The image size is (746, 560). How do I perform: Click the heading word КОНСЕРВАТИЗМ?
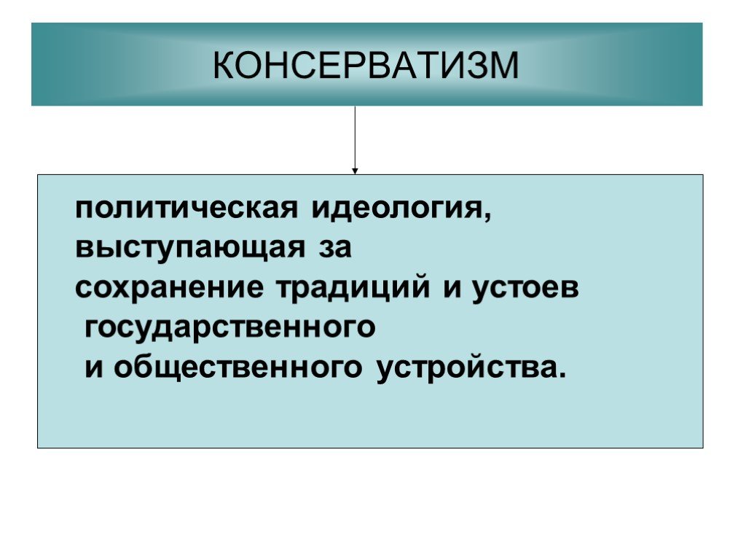click(366, 65)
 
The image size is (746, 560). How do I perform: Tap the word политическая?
click(186, 209)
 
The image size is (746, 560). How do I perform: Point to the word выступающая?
click(190, 248)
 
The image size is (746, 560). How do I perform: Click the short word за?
click(335, 248)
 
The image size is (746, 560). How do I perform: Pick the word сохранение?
click(169, 288)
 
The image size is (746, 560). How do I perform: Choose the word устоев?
click(525, 289)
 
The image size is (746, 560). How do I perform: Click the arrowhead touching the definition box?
click(355, 171)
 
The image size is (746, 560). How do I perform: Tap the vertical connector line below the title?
click(355, 137)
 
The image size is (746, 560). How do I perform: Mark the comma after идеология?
click(487, 217)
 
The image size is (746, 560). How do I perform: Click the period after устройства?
click(562, 374)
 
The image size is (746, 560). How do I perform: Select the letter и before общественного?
click(94, 368)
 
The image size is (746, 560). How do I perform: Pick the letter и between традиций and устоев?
click(452, 288)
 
